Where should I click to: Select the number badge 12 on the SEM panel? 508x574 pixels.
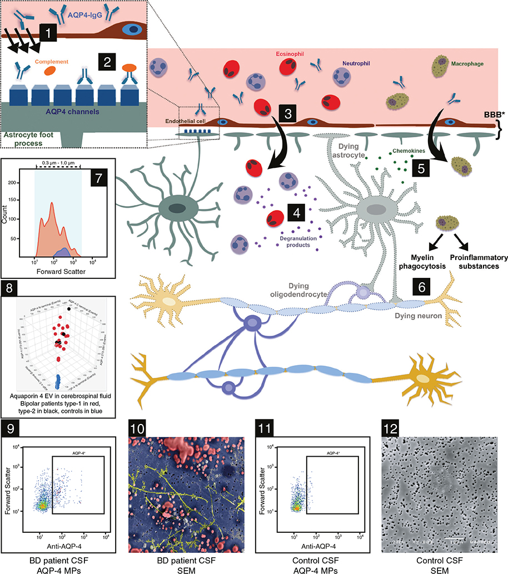[x=391, y=430]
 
